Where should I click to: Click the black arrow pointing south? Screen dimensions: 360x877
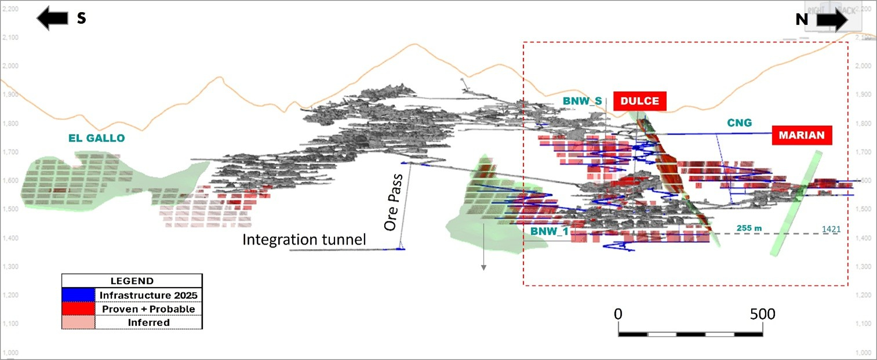pyautogui.click(x=52, y=18)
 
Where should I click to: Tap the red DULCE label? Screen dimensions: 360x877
pyautogui.click(x=640, y=101)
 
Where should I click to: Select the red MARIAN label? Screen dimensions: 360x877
pyautogui.click(x=802, y=136)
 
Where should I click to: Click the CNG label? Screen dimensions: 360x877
pyautogui.click(x=739, y=122)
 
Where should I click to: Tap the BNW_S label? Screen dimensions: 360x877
pyautogui.click(x=581, y=101)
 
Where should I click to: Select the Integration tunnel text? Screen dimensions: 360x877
pyautogui.click(x=304, y=239)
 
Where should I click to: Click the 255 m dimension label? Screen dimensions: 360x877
pyautogui.click(x=749, y=228)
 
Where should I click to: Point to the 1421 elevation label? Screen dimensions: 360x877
pyautogui.click(x=831, y=230)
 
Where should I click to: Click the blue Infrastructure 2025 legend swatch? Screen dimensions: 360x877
pyautogui.click(x=78, y=294)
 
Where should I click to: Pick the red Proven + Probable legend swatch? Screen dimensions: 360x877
pyautogui.click(x=78, y=308)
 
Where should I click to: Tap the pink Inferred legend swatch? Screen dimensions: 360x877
pyautogui.click(x=78, y=322)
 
